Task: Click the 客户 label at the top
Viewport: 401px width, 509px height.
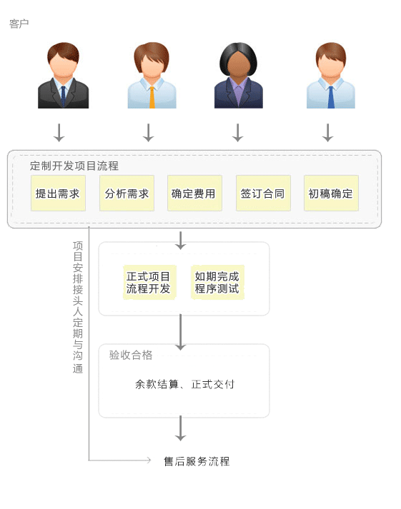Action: [x=19, y=24]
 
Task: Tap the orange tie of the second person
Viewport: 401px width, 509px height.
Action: [x=152, y=97]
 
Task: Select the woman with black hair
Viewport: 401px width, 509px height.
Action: [x=239, y=75]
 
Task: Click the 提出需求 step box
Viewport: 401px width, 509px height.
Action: [x=58, y=193]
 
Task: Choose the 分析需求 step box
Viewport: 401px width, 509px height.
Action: [x=127, y=193]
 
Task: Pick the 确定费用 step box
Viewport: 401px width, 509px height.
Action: [x=194, y=193]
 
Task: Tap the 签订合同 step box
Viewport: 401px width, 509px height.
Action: [x=263, y=193]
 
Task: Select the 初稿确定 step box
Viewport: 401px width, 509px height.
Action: [x=331, y=193]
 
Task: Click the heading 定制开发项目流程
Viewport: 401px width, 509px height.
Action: [x=74, y=166]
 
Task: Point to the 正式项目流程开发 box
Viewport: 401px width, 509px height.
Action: [x=149, y=282]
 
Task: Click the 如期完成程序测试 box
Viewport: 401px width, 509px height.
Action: [x=217, y=282]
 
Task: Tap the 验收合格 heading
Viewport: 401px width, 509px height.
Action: [x=131, y=355]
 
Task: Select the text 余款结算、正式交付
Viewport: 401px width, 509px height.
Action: [x=184, y=384]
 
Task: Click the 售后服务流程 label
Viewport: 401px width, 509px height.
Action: [x=197, y=461]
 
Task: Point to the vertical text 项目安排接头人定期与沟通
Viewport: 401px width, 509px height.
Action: [x=78, y=307]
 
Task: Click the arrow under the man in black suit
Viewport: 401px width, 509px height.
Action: [x=59, y=133]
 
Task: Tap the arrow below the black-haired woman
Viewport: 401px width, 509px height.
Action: [x=238, y=133]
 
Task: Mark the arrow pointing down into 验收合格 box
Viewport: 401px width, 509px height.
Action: [x=180, y=332]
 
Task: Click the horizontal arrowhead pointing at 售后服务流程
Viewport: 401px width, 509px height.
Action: [x=149, y=460]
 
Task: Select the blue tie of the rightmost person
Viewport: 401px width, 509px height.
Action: [x=331, y=97]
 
